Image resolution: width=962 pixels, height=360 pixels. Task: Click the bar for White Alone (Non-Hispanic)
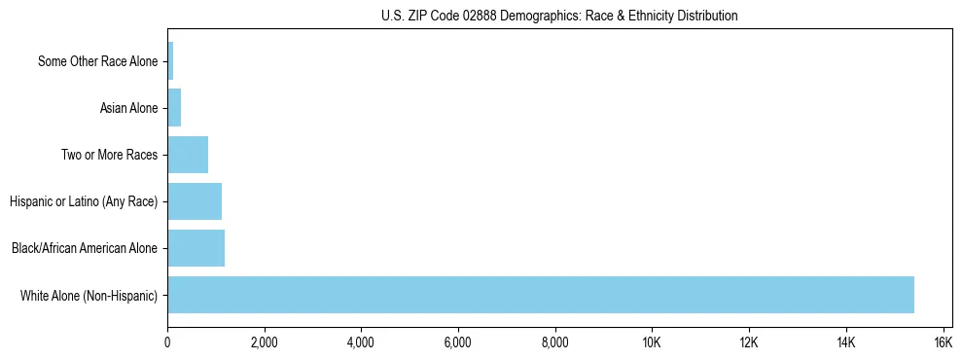541,295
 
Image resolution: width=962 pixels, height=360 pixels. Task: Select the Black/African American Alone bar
196,248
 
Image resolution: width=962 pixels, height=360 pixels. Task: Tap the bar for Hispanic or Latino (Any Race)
195,201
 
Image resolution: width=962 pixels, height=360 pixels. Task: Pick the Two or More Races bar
188,155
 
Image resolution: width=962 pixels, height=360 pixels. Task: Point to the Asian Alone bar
174,108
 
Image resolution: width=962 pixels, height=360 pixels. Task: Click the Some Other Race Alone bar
170,61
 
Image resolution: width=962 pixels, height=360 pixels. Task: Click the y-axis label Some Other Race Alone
97,61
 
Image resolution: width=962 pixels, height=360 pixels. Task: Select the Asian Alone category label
128,108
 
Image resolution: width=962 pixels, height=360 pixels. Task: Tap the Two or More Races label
109,155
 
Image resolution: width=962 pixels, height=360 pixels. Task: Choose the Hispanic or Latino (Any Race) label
84,201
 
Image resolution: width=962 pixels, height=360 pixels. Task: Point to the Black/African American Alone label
85,248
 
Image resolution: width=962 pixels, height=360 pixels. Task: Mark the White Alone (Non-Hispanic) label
89,295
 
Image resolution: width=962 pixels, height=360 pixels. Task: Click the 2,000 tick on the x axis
265,342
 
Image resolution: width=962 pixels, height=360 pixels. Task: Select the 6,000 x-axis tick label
458,342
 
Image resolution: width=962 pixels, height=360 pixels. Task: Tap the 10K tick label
652,342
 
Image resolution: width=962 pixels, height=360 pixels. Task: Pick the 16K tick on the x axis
943,342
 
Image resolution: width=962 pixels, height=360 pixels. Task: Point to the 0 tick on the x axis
167,342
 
